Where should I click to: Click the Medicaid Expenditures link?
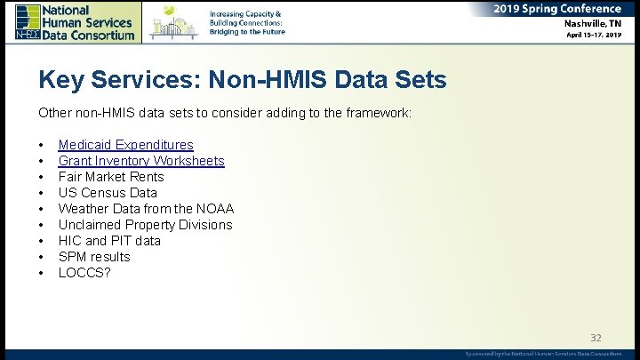125,145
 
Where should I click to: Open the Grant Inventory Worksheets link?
141,161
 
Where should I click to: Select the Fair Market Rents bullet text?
111,177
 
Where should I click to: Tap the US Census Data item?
108,193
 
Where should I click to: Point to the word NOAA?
216,209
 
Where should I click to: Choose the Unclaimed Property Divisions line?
145,225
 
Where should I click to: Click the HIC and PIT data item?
109,241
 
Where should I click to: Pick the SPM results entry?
94,257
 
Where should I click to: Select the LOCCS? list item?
84,273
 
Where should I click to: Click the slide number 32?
596,338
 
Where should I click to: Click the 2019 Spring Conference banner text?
558,9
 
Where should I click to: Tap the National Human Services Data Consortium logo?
76,21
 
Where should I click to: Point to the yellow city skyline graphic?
174,22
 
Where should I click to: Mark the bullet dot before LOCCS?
42,273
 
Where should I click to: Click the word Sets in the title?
415,81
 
